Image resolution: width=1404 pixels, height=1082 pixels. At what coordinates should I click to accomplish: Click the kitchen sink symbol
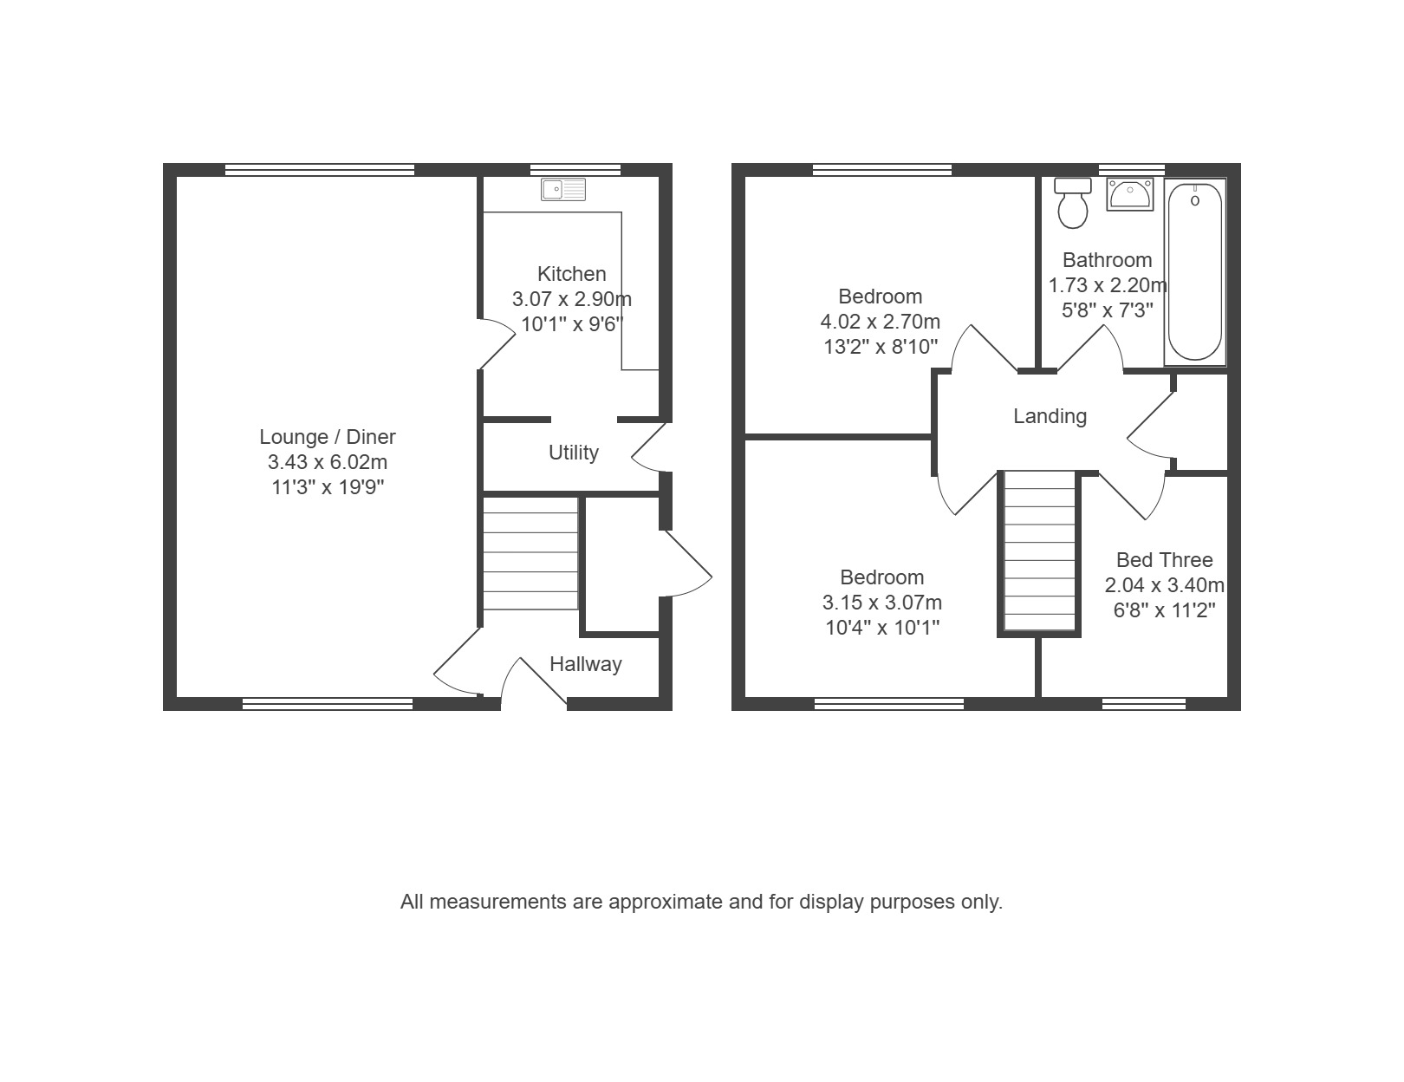(x=563, y=189)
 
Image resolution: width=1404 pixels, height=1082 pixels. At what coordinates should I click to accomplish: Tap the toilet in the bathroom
(x=1073, y=203)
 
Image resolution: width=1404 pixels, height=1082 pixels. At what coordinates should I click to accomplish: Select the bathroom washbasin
(x=1129, y=194)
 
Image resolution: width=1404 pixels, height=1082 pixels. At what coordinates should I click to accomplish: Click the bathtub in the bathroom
(x=1194, y=271)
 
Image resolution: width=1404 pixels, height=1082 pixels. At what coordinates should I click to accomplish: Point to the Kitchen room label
(x=572, y=274)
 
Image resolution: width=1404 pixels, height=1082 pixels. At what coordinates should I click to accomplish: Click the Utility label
(x=573, y=453)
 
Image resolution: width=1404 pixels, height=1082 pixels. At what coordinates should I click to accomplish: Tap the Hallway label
(x=585, y=664)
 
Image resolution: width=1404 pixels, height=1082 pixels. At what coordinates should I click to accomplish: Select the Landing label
(x=1050, y=415)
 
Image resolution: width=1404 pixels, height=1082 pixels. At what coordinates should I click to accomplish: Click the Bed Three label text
(x=1164, y=560)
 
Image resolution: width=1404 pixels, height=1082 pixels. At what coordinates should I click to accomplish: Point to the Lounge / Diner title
(x=328, y=437)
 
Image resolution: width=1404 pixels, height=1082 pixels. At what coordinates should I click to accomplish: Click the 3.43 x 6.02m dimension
(x=328, y=462)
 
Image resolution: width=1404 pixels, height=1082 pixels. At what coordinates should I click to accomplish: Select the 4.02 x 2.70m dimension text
(x=880, y=322)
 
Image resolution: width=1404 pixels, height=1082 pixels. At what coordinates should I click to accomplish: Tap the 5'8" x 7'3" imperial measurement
(x=1108, y=310)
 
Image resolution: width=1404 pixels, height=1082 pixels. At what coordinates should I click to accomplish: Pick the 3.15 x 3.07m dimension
(x=882, y=603)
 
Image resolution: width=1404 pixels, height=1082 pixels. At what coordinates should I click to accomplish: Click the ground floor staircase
(x=530, y=552)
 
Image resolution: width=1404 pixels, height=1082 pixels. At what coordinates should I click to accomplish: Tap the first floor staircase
(x=1039, y=551)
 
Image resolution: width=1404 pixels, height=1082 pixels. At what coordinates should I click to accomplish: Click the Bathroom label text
(x=1108, y=260)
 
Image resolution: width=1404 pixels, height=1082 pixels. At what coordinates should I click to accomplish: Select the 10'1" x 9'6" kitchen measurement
(x=572, y=324)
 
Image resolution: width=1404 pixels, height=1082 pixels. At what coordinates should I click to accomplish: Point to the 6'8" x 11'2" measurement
(x=1164, y=610)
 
